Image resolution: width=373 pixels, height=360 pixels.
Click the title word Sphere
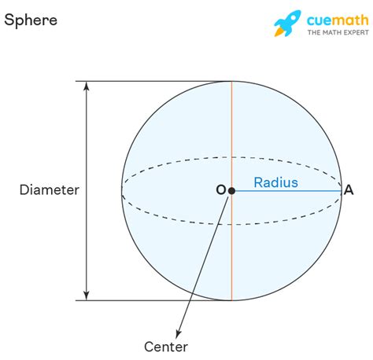pyautogui.click(x=31, y=20)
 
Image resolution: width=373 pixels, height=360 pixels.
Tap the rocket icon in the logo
pyautogui.click(x=287, y=23)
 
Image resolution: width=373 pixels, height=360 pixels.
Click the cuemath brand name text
pyautogui.click(x=338, y=20)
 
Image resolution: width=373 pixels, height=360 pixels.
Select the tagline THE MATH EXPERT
pyautogui.click(x=338, y=32)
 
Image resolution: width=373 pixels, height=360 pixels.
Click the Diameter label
pyautogui.click(x=50, y=189)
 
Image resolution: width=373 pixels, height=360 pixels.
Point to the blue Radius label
pyautogui.click(x=276, y=182)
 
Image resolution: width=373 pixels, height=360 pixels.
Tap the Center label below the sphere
pyautogui.click(x=166, y=347)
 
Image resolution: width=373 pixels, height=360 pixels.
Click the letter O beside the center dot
pyautogui.click(x=221, y=190)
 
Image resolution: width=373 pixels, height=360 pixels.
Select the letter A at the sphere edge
pyautogui.click(x=349, y=190)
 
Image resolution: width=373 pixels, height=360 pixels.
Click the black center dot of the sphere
pyautogui.click(x=231, y=191)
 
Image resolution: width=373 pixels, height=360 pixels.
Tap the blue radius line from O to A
pyautogui.click(x=286, y=191)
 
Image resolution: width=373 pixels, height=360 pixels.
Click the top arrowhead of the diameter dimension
pyautogui.click(x=87, y=86)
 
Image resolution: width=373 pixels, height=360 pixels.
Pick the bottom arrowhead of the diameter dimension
pyautogui.click(x=87, y=296)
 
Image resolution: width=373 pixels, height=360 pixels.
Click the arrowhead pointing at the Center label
pyautogui.click(x=179, y=333)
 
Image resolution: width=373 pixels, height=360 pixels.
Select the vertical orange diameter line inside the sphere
pyautogui.click(x=231, y=191)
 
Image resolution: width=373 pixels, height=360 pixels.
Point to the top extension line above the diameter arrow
pyautogui.click(x=153, y=81)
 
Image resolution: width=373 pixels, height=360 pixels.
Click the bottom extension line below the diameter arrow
pyautogui.click(x=153, y=300)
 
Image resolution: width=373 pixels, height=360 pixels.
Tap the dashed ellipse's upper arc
pyautogui.click(x=231, y=157)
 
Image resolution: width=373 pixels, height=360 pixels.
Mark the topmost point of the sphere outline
pyautogui.click(x=231, y=81)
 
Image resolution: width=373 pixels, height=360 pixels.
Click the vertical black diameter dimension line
pyautogui.click(x=87, y=191)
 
